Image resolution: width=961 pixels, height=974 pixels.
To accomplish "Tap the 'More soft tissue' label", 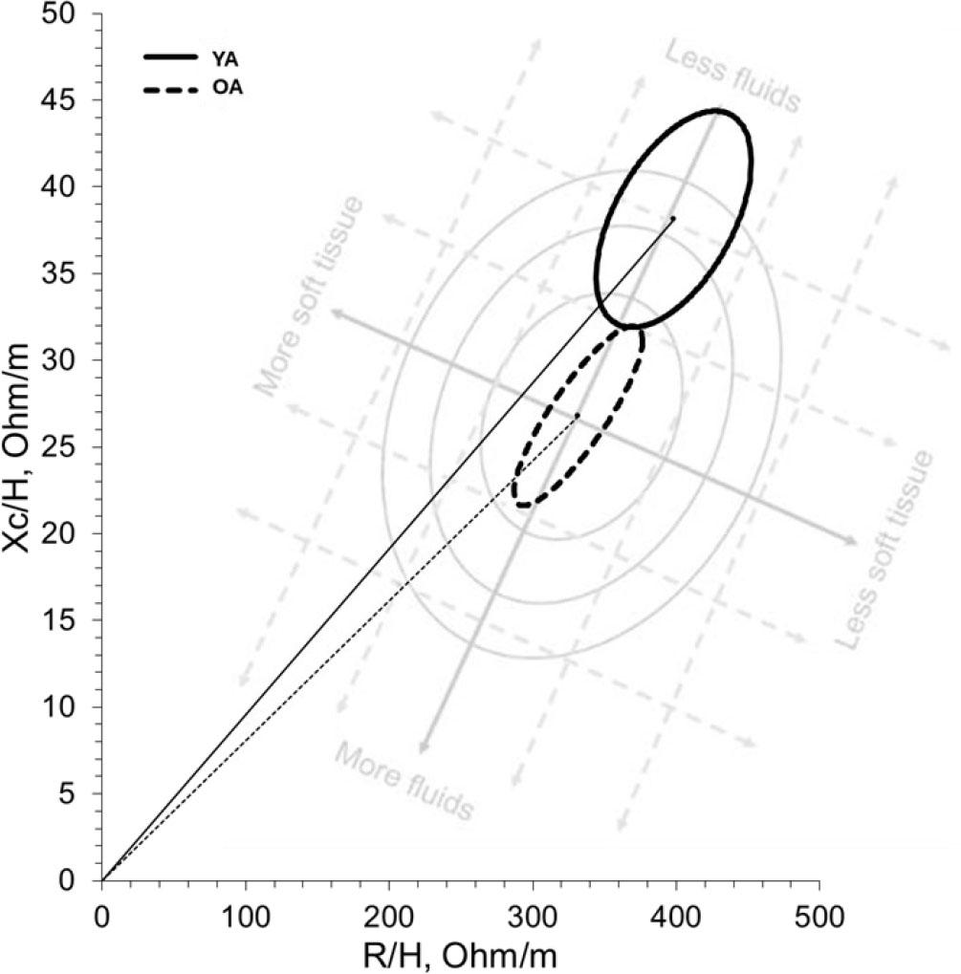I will (x=310, y=295).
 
